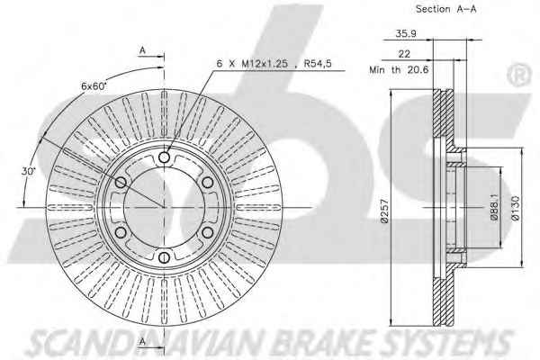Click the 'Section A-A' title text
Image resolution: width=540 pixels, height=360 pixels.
(446, 9)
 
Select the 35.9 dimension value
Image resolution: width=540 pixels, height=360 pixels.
(406, 33)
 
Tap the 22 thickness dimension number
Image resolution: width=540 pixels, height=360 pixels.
(404, 54)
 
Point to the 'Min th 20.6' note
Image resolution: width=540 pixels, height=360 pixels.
(399, 69)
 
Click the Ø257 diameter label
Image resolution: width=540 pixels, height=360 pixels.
(384, 211)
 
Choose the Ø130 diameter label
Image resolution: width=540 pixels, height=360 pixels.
(515, 208)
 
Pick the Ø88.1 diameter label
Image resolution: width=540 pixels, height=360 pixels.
(494, 207)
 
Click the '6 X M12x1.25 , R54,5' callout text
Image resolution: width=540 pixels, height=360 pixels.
(274, 63)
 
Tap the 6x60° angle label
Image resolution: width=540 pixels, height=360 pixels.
(94, 86)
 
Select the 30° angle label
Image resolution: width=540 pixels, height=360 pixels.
(28, 171)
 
